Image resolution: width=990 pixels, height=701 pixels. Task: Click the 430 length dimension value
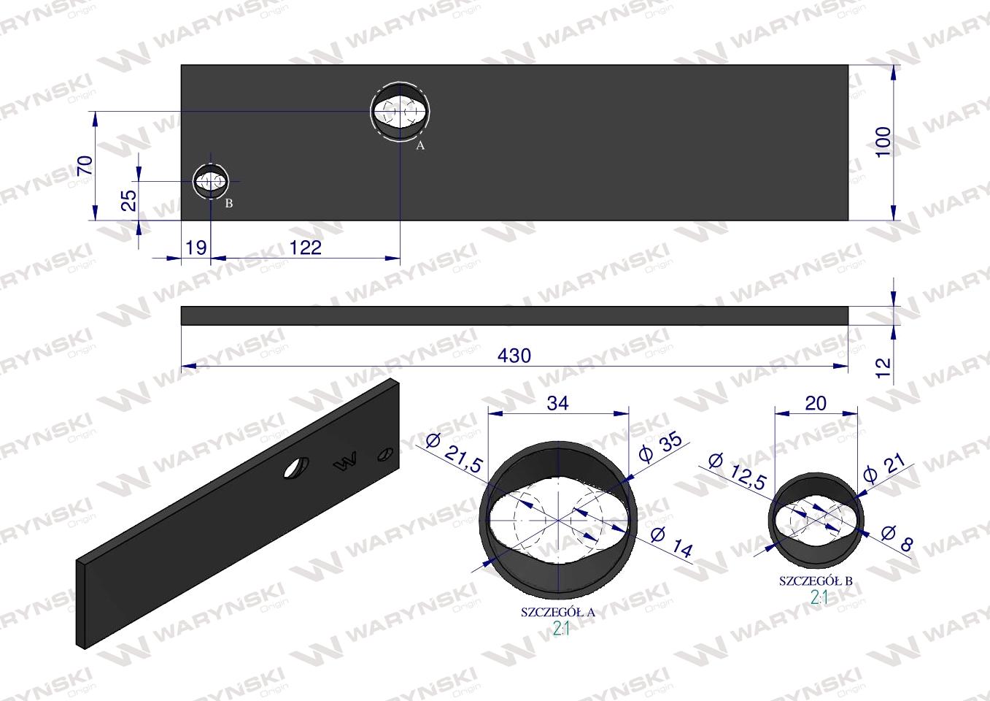click(x=514, y=356)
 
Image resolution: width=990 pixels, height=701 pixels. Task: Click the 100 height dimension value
click(x=883, y=142)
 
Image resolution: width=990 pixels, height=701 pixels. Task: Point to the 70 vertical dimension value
click(x=85, y=166)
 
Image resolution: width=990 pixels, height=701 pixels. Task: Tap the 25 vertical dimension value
click(x=128, y=201)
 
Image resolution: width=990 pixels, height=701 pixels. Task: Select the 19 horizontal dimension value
click(x=196, y=248)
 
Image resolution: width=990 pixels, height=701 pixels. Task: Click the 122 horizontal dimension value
click(x=306, y=248)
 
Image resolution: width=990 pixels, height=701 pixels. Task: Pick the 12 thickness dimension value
click(x=883, y=368)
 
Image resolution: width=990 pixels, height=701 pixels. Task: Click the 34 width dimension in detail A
click(x=558, y=403)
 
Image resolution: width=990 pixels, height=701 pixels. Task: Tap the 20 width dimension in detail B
click(x=816, y=403)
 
